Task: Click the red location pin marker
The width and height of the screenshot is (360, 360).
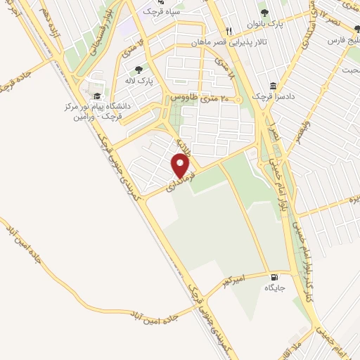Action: [x=181, y=166]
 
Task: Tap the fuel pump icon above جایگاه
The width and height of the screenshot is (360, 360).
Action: [x=274, y=276]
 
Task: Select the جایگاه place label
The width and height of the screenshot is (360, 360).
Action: [x=274, y=288]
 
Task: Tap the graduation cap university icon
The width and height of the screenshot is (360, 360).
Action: [x=96, y=96]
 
